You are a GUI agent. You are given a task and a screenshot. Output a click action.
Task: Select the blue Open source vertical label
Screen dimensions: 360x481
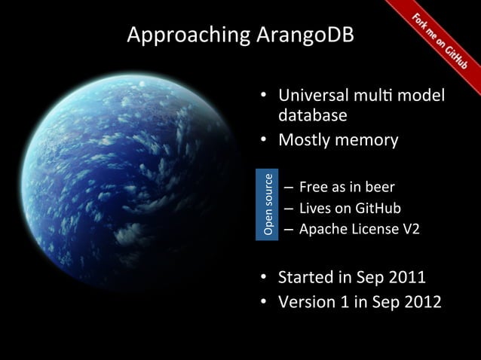click(x=267, y=205)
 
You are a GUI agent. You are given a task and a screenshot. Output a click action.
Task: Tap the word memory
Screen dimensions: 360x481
click(x=366, y=141)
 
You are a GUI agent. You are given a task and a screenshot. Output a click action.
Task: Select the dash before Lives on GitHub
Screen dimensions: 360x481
click(x=288, y=209)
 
